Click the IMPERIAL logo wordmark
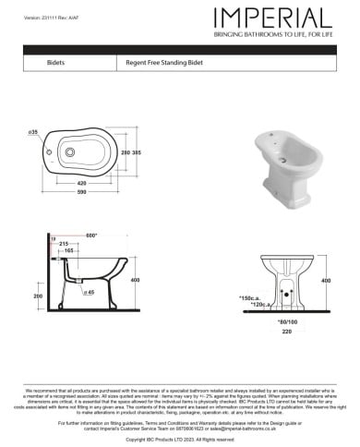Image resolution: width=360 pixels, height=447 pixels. pyautogui.click(x=272, y=18)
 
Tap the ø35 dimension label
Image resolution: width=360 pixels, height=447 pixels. pyautogui.click(x=33, y=132)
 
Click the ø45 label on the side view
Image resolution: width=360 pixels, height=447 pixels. pyautogui.click(x=90, y=292)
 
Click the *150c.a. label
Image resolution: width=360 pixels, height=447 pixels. pyautogui.click(x=250, y=297)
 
